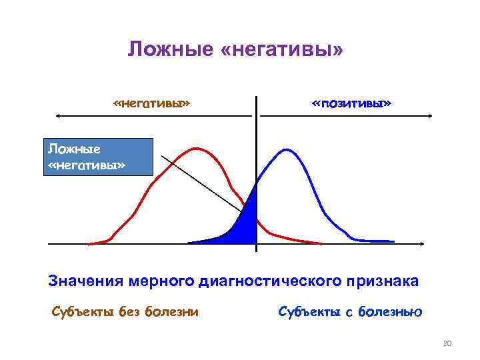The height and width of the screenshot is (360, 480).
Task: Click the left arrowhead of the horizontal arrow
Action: coord(59,116)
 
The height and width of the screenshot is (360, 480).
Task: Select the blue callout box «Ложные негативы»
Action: coord(98,157)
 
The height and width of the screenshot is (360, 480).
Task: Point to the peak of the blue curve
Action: coord(285,149)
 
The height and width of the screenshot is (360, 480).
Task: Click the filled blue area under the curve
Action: coord(247,223)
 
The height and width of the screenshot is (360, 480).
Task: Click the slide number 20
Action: coord(447,343)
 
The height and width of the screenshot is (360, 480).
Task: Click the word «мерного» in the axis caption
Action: coord(161,281)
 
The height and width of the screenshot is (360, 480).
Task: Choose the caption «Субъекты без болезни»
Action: coord(125,311)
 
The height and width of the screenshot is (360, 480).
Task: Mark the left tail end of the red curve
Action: coord(90,243)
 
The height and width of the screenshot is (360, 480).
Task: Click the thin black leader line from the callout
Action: coord(200,180)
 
